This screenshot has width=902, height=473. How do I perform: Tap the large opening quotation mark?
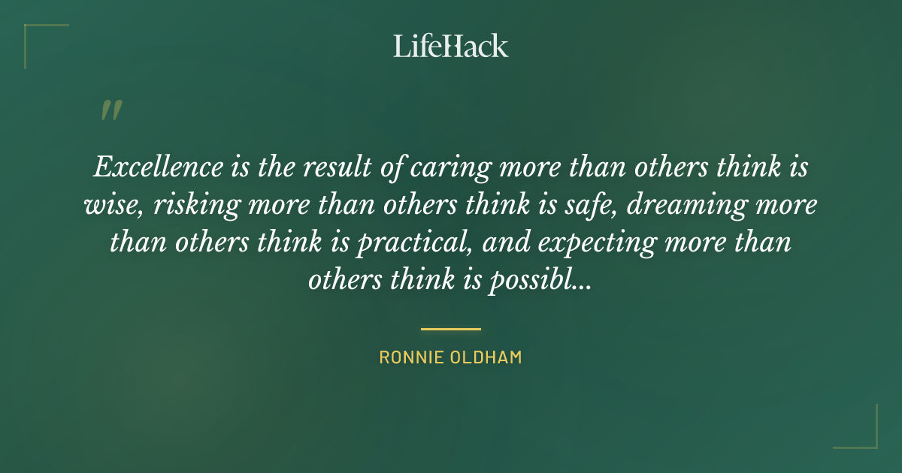point(110,110)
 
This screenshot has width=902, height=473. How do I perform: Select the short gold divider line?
point(451,329)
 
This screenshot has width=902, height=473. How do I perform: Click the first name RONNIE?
point(413,357)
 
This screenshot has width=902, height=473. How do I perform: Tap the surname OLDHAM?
point(488,357)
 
